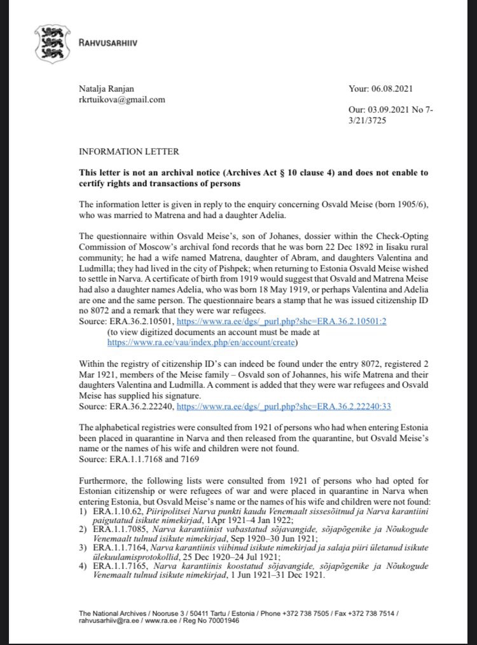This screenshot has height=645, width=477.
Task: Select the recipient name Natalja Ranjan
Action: pos(107,89)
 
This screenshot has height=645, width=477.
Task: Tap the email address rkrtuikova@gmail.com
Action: pos(121,99)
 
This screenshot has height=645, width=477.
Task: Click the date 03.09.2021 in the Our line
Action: pos(396,109)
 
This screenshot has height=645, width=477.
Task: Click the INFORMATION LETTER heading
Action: pos(128,153)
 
